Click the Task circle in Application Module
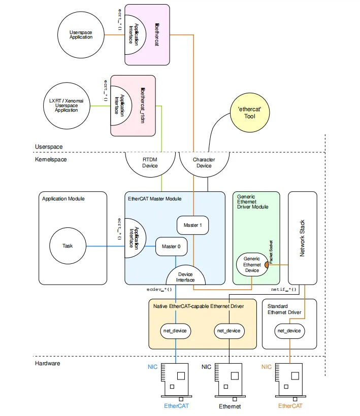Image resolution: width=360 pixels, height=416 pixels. [68, 246]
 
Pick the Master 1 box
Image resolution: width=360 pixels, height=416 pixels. [193, 225]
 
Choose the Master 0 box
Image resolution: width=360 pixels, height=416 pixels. [171, 247]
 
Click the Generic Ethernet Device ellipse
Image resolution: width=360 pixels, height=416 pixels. [251, 264]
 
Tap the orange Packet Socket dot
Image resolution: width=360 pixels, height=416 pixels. [266, 264]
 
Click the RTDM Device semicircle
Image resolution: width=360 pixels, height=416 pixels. [150, 164]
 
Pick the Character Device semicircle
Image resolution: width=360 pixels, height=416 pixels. [204, 164]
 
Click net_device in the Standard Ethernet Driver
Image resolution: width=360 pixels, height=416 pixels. [289, 331]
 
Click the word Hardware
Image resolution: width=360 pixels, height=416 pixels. [48, 363]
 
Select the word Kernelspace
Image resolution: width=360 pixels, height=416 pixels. [51, 159]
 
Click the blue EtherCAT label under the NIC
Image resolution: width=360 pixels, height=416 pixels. [176, 406]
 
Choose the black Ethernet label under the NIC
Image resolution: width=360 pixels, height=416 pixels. [230, 406]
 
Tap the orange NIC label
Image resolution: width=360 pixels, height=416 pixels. [267, 366]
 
